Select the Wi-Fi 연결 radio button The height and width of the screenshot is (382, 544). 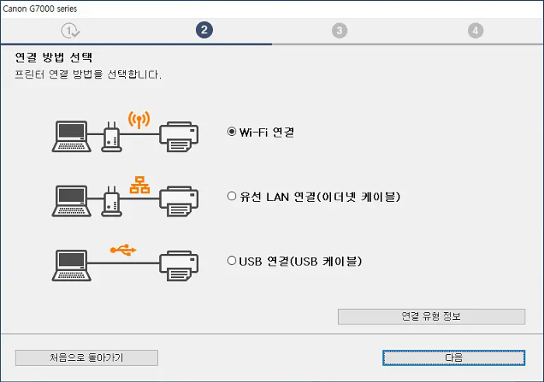coord(232,132)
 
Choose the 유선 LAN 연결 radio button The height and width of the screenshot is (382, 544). coord(232,196)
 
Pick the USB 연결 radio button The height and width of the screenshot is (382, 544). coord(232,261)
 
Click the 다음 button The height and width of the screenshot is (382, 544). coord(454,357)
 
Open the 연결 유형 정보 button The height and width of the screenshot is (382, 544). coord(431,316)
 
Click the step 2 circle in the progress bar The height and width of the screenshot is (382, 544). coord(204,30)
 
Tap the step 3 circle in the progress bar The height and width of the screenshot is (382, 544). coord(340,30)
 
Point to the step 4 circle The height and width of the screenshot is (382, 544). coord(476,30)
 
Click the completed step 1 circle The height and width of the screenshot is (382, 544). coord(71,30)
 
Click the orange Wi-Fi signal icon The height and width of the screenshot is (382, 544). coord(138,120)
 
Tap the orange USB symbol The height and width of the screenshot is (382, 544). coord(123,249)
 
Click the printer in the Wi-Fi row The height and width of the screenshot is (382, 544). coord(180,136)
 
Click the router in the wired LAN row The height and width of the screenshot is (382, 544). coord(111,201)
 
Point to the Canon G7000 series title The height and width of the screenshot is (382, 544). coord(40,8)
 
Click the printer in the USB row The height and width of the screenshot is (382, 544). coord(180,265)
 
